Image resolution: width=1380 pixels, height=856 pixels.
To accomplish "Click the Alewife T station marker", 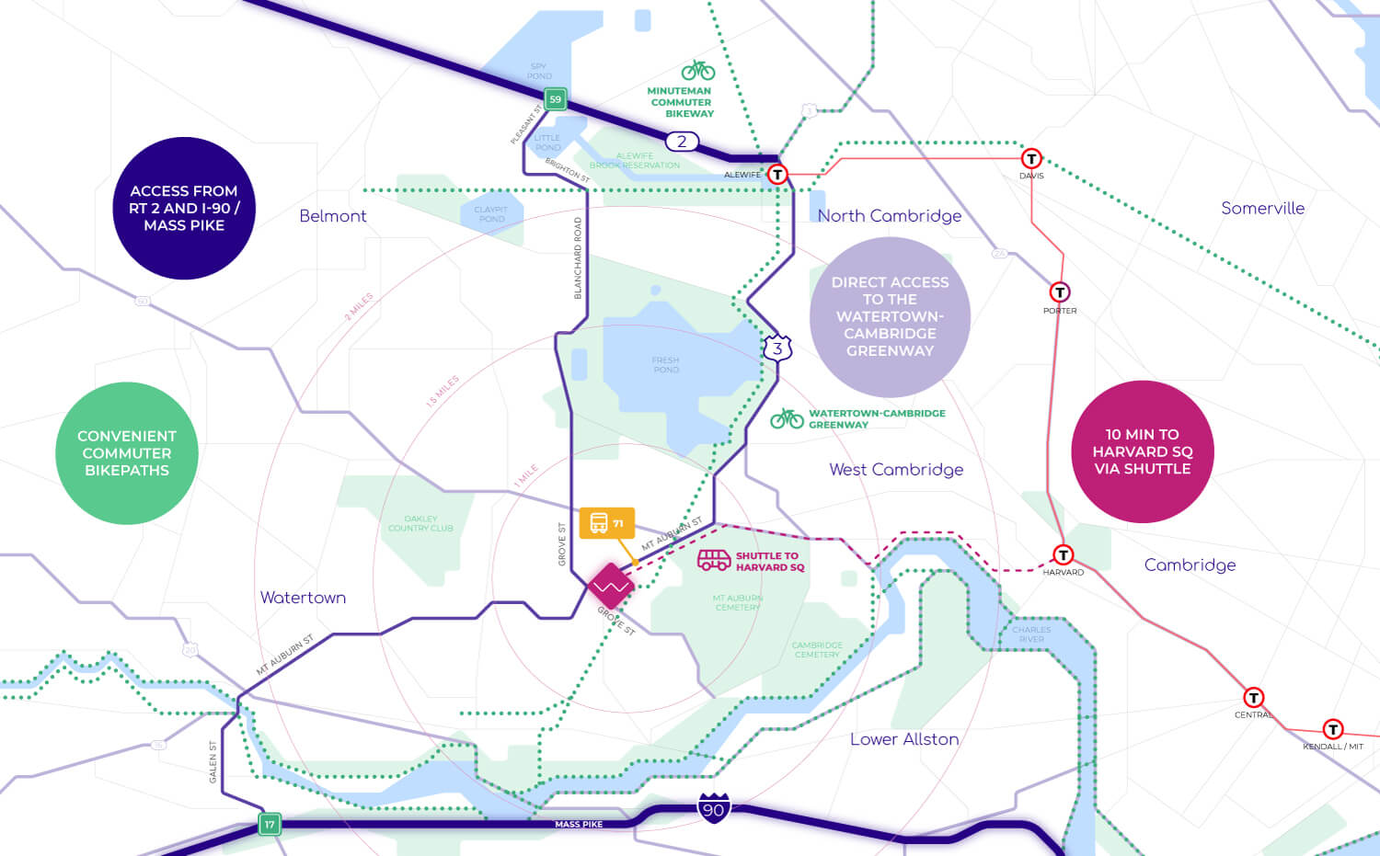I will pyautogui.click(x=777, y=174).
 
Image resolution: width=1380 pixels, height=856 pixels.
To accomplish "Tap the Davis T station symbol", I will pyautogui.click(x=1031, y=159).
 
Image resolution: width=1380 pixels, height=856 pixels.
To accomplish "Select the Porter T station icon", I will pyautogui.click(x=1060, y=292).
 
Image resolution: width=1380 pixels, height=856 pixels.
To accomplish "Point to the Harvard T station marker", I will pyautogui.click(x=1064, y=554).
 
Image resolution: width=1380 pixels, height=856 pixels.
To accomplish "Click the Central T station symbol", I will pyautogui.click(x=1253, y=698).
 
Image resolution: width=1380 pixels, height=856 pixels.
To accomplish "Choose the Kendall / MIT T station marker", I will pyautogui.click(x=1332, y=730).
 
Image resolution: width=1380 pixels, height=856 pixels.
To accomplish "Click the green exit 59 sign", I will pyautogui.click(x=555, y=99).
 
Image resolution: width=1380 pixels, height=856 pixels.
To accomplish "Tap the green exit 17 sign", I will pyautogui.click(x=270, y=824).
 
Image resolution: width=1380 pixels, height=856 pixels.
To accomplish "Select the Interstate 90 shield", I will pyautogui.click(x=714, y=808).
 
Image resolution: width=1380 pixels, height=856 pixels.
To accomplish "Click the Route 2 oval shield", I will pyautogui.click(x=682, y=142).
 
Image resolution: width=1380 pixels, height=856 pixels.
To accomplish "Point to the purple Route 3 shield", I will pyautogui.click(x=777, y=348).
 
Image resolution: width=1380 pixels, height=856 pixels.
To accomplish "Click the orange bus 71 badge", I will pyautogui.click(x=606, y=523).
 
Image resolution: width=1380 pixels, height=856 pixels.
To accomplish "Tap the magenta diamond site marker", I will pyautogui.click(x=611, y=586).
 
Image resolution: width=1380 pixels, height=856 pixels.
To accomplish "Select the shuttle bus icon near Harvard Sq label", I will pyautogui.click(x=714, y=560).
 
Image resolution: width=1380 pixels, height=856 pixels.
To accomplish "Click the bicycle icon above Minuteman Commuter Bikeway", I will pyautogui.click(x=698, y=70).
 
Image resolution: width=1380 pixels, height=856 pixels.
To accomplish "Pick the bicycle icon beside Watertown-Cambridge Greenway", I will pyautogui.click(x=787, y=419).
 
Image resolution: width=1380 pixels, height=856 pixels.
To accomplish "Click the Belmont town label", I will pyautogui.click(x=333, y=216).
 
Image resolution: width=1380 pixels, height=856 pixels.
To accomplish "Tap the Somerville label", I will pyautogui.click(x=1262, y=209).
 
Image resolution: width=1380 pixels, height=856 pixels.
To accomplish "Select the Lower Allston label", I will pyautogui.click(x=904, y=739).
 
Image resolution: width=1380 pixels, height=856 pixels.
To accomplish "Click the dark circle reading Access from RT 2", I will pyautogui.click(x=184, y=208).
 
